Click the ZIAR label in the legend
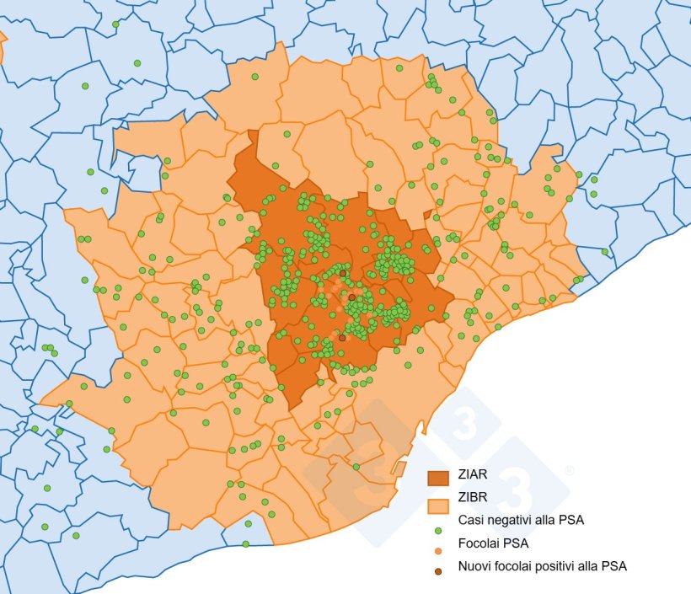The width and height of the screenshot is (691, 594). tap(474, 477)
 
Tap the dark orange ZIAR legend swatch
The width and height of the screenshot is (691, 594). tap(438, 478)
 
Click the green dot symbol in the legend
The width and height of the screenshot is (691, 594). tap(438, 531)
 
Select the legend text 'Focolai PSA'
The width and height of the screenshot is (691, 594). tap(494, 543)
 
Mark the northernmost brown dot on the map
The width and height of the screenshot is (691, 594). tap(342, 273)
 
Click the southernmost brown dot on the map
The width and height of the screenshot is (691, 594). tap(341, 338)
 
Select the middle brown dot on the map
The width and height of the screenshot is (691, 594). tap(351, 297)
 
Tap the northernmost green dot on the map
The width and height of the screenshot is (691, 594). tap(115, 24)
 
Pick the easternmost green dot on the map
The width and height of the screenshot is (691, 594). tap(604, 251)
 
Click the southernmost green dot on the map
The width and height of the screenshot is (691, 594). tap(245, 543)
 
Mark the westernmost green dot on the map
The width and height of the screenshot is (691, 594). tap(35, 429)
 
